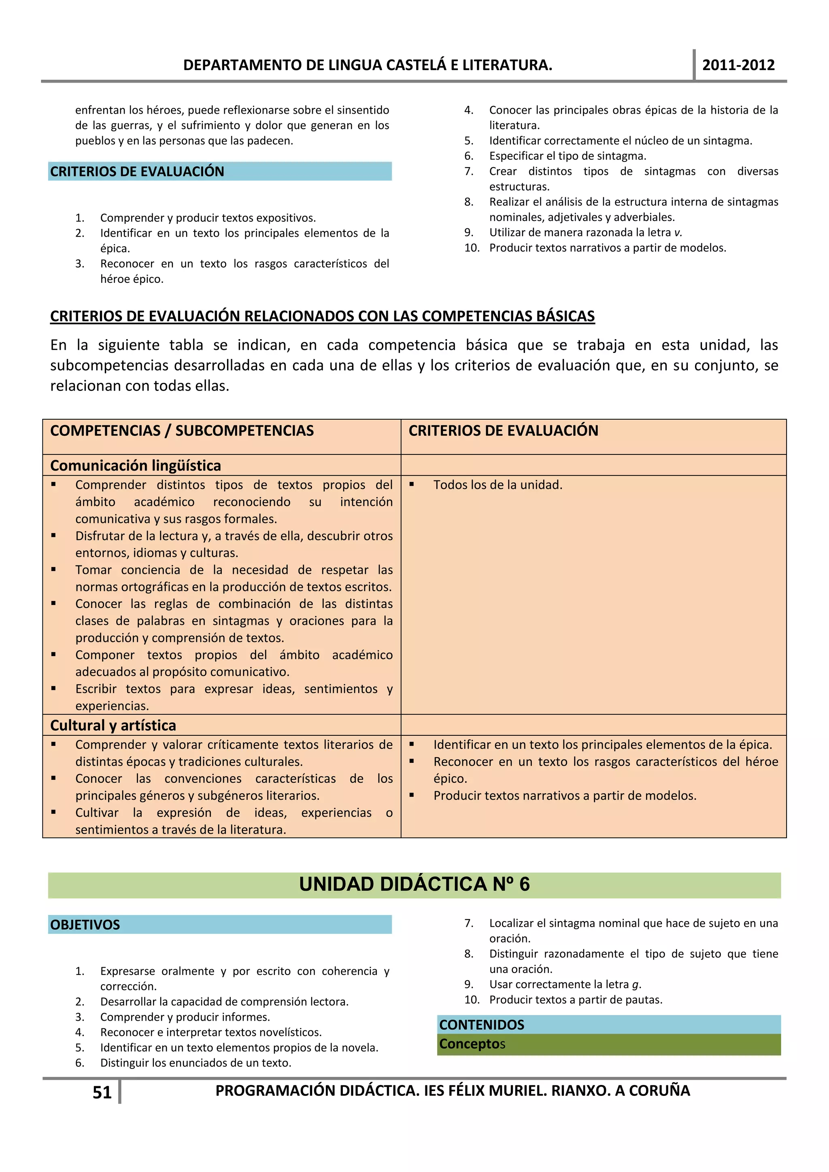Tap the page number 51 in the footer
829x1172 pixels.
pos(102,1092)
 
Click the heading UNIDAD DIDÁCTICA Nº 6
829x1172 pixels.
pos(414,884)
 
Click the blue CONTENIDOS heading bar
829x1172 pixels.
pos(481,1024)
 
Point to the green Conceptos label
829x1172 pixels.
pos(472,1044)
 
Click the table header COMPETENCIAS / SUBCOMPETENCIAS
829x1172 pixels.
pos(182,431)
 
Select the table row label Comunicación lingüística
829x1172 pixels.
pos(135,465)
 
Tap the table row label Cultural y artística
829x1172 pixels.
pos(113,725)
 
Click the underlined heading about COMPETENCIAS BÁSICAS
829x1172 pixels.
pos(322,316)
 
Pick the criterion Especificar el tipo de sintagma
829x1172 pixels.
pos(567,156)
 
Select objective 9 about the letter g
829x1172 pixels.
pos(565,984)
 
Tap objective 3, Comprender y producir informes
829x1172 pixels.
pos(185,1017)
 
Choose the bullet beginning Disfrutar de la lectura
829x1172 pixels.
pos(234,536)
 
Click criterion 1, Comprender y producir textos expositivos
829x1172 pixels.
pos(208,218)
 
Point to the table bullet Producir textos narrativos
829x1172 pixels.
pos(565,796)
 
